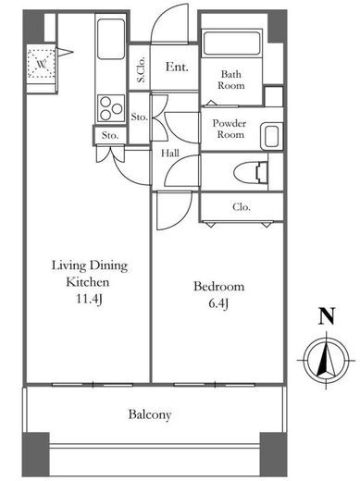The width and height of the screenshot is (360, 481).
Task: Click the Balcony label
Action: pos(150,414)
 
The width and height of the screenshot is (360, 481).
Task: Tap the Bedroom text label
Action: pos(219,287)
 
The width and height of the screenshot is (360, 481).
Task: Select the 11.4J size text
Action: pos(89,299)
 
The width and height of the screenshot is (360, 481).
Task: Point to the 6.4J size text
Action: pos(218,303)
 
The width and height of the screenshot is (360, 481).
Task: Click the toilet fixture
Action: pos(251,172)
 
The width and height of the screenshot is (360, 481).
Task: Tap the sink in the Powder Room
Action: pos(272,137)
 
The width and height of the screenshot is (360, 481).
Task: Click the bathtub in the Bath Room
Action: pos(231,43)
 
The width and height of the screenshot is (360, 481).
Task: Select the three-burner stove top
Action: pos(111,108)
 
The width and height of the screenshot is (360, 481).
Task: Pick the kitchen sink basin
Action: pos(111,39)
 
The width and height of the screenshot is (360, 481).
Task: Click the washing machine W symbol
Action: pos(42,65)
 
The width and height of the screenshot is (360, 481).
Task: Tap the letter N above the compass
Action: pos(327,316)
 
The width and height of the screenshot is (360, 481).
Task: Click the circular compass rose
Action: pos(327,361)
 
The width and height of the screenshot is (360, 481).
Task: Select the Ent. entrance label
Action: pos(177,67)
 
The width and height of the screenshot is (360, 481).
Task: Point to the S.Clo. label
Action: pos(142,69)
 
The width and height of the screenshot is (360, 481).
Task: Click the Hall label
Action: pos(170,153)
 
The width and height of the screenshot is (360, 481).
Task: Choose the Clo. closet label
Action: pos(242,207)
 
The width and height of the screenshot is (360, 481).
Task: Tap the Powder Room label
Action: pos(230,129)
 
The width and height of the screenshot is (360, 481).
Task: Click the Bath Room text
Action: pos(231,80)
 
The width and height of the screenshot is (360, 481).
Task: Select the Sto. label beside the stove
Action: pos(140,117)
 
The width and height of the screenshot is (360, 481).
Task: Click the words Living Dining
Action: pos(90,265)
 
